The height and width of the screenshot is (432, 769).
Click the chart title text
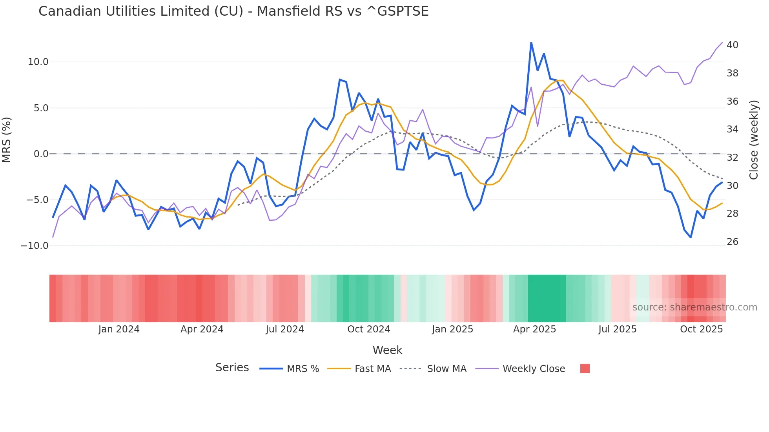233,11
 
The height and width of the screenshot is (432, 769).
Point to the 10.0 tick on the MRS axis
38,62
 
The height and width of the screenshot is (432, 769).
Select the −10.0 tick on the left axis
35,246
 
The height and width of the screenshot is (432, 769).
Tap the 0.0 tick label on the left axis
41,154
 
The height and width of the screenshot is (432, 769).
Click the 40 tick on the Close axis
732,45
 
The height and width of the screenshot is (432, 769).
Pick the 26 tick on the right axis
732,242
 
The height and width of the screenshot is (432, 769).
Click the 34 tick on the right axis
732,129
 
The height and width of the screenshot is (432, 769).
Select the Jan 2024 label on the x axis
119,329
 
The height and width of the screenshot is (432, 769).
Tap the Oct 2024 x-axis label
368,329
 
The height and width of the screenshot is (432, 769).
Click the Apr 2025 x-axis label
534,329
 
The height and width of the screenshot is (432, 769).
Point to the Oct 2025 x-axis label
701,329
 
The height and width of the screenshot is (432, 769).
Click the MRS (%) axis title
7,140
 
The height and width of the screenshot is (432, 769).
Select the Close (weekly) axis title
754,140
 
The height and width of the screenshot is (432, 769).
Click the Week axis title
387,350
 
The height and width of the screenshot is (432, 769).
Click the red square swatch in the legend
585,368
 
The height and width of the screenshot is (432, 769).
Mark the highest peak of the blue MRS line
531,43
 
